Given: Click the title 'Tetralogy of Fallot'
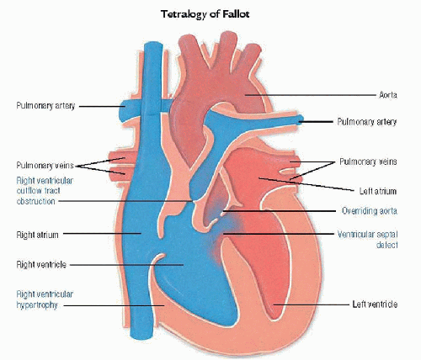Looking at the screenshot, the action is pyautogui.click(x=205, y=14).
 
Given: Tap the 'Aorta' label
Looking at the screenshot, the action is pyautogui.click(x=388, y=95).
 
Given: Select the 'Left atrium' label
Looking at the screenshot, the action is pyautogui.click(x=378, y=191).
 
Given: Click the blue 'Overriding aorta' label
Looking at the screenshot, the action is pyautogui.click(x=370, y=210).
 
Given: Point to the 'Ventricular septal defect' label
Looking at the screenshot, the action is pyautogui.click(x=367, y=240).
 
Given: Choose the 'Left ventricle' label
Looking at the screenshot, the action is pyautogui.click(x=375, y=304).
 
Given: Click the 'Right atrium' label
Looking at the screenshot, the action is pyautogui.click(x=37, y=235).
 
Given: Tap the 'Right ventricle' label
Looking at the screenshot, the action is pyautogui.click(x=41, y=264).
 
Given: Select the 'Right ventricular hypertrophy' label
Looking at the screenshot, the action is pyautogui.click(x=45, y=299).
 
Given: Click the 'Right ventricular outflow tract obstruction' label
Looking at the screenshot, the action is pyautogui.click(x=45, y=191).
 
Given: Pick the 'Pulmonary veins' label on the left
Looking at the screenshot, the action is pyautogui.click(x=45, y=165).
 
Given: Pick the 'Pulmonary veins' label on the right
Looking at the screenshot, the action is pyautogui.click(x=368, y=161).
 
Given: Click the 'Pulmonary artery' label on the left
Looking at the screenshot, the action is pyautogui.click(x=45, y=106).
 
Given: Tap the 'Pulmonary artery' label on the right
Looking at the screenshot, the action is pyautogui.click(x=367, y=121).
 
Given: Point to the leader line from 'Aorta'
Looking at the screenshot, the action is pyautogui.click(x=310, y=95).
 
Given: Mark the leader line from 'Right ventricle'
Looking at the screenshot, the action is pyautogui.click(x=126, y=264).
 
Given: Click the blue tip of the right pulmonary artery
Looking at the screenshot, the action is pyautogui.click(x=301, y=119).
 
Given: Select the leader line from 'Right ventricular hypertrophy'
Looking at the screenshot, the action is pyautogui.click(x=114, y=305).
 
